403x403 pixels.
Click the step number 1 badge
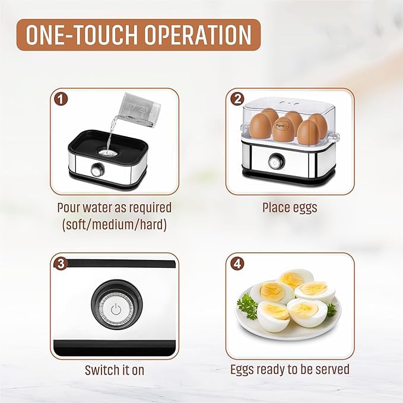[61, 98]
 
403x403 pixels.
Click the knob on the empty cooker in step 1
[96, 170]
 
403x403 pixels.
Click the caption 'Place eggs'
[290, 208]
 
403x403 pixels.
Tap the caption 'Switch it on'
[115, 370]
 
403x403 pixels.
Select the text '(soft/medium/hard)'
[114, 225]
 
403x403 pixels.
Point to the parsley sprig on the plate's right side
[331, 309]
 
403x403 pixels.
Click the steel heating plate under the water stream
[107, 152]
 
